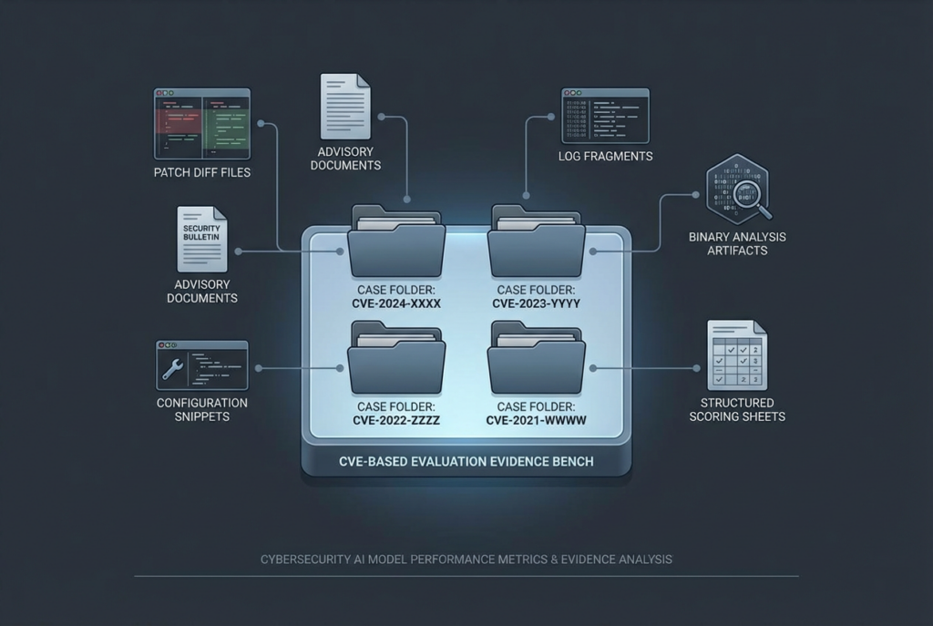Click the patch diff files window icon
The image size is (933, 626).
point(202,124)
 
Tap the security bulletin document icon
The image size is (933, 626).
point(201,240)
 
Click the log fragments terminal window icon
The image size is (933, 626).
point(605,116)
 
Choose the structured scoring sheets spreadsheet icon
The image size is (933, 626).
point(737,354)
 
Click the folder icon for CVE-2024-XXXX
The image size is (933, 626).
point(396,241)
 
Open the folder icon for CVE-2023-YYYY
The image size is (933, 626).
point(536,241)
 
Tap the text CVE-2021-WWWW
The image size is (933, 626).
point(536,420)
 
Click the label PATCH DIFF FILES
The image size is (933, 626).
point(202,172)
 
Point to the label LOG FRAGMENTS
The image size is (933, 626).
point(605,156)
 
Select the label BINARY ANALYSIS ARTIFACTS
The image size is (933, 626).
point(737,243)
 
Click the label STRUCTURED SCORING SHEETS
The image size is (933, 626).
point(737,409)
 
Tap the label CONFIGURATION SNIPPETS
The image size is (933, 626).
point(202,409)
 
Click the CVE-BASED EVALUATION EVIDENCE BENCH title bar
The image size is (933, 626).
point(466,461)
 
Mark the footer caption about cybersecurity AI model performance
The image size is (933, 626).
point(466,559)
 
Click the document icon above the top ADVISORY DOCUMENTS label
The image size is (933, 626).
point(345,107)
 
